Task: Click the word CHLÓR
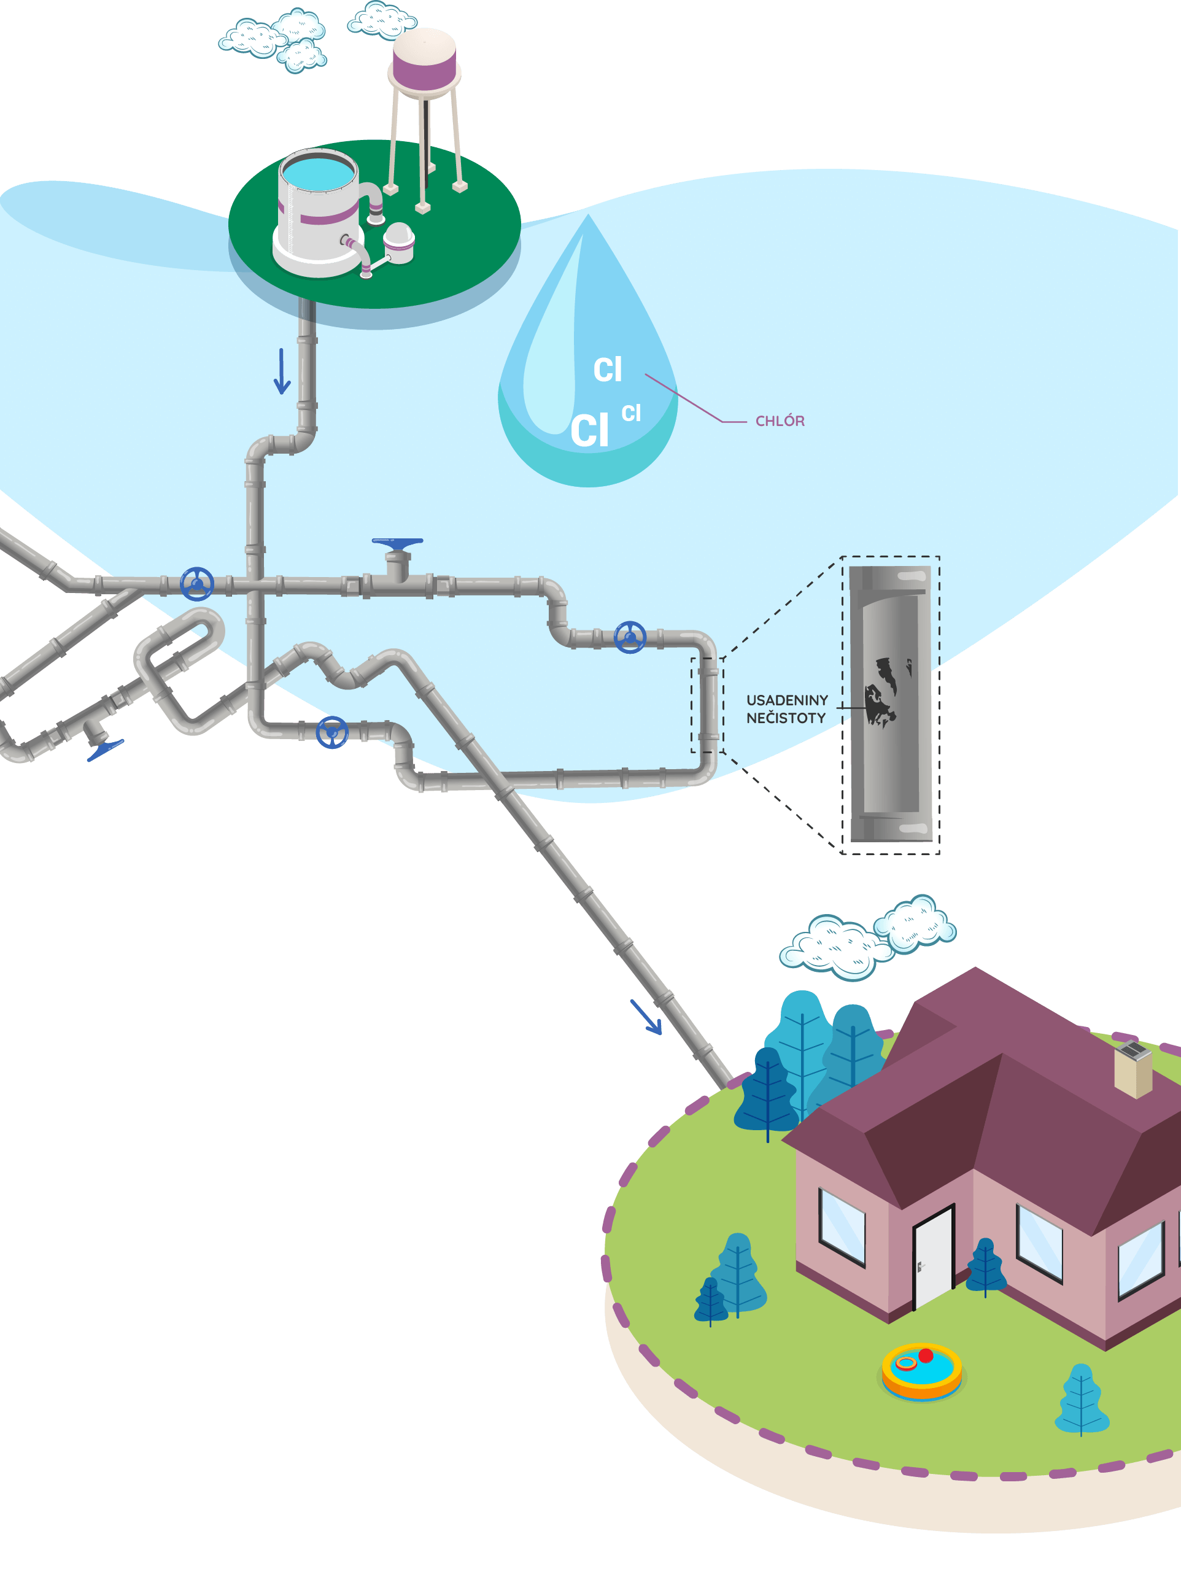tap(780, 421)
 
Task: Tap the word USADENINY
tap(787, 701)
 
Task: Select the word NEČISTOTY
tap(786, 719)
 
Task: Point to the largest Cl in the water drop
tap(590, 431)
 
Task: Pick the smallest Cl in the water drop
tap(631, 413)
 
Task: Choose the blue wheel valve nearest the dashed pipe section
tap(630, 638)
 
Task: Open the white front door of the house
tap(932, 1258)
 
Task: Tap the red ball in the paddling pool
tap(926, 1355)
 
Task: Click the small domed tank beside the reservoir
tap(398, 242)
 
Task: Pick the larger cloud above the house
tap(836, 947)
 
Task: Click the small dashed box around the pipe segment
tap(707, 705)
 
